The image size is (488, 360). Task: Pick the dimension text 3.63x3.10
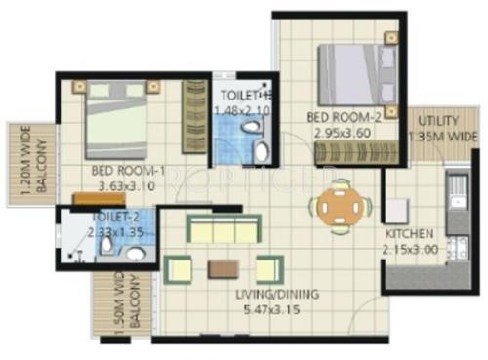point(127,183)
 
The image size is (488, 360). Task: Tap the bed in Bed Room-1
point(114,118)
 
